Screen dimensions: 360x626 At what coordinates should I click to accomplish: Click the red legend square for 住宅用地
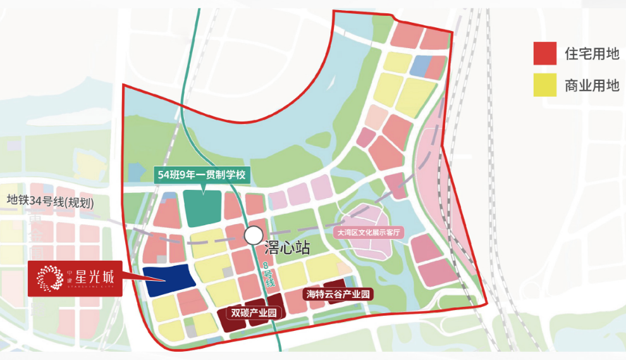[x=544, y=54]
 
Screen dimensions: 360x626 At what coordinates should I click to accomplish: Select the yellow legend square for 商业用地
[x=544, y=85]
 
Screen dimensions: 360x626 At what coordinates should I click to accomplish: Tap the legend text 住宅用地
[x=592, y=54]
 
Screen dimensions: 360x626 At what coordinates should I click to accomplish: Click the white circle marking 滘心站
[x=254, y=235]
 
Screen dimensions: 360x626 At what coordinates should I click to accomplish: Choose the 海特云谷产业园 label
[x=338, y=294]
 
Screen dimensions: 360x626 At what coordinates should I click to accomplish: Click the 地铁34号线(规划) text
[x=51, y=202]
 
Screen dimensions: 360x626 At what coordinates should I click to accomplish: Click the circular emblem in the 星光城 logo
[x=49, y=278]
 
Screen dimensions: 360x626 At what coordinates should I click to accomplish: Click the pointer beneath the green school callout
[x=204, y=187]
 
